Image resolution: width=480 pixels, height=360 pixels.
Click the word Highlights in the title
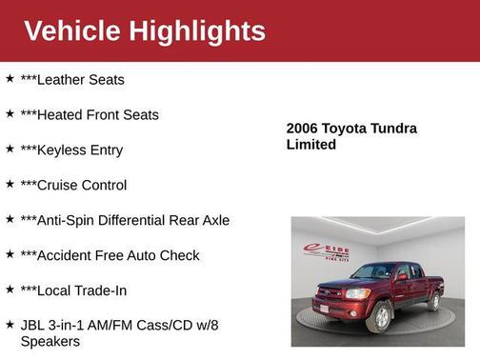tap(199, 30)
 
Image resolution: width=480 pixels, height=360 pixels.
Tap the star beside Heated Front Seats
tap(10, 114)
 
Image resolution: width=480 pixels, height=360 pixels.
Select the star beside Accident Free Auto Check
tap(10, 254)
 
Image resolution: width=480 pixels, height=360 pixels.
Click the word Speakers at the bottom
tap(50, 341)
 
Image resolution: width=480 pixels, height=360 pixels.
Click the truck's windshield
tap(374, 272)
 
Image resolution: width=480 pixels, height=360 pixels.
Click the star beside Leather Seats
tap(10, 79)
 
